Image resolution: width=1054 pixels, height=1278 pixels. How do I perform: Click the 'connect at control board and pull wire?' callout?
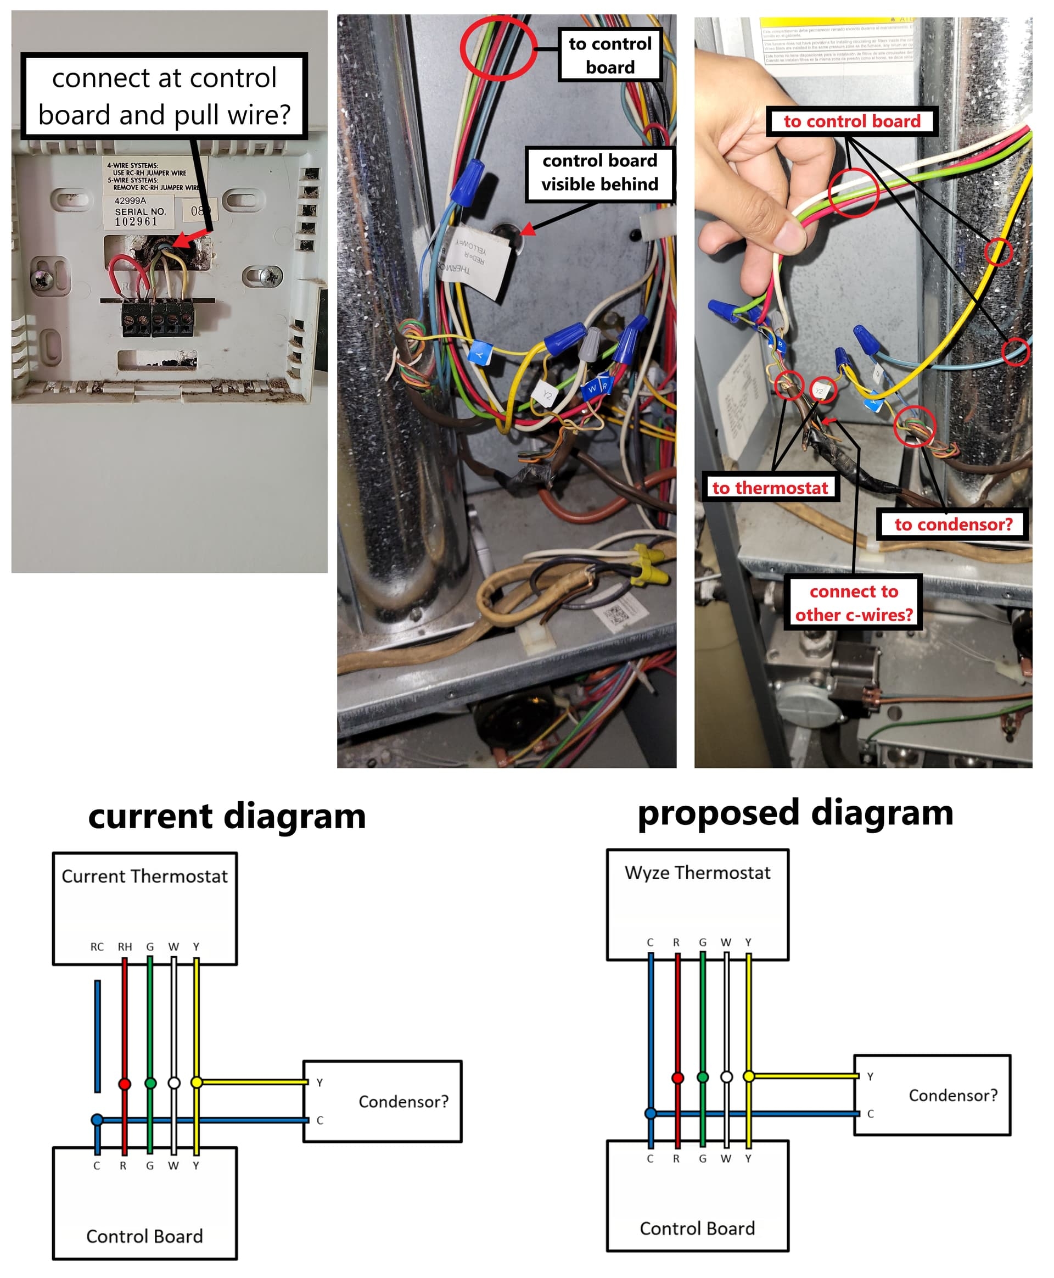pyautogui.click(x=164, y=96)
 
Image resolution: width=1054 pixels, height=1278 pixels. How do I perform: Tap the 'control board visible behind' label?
pyautogui.click(x=599, y=172)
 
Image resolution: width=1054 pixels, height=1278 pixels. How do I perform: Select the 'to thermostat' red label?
pyautogui.click(x=770, y=488)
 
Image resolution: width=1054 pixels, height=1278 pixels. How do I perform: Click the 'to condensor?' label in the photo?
pyautogui.click(x=953, y=524)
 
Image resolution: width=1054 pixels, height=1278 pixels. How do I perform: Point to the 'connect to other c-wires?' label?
pyautogui.click(x=854, y=602)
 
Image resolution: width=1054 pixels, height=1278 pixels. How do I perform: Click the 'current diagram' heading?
pyautogui.click(x=227, y=815)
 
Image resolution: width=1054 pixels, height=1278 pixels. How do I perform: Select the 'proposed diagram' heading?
pyautogui.click(x=795, y=812)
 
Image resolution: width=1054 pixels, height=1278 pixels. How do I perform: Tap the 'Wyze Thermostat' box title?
pyautogui.click(x=698, y=872)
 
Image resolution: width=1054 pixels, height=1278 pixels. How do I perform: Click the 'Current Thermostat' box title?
pyautogui.click(x=144, y=876)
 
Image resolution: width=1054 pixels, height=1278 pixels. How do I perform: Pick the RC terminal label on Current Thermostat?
pyautogui.click(x=97, y=946)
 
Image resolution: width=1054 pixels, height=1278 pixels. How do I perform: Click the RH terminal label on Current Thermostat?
pyautogui.click(x=125, y=946)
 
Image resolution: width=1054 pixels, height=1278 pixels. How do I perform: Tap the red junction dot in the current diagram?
pyautogui.click(x=125, y=1084)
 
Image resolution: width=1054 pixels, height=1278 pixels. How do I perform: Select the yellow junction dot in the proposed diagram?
pyautogui.click(x=749, y=1076)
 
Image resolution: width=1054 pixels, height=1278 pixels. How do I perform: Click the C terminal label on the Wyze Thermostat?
pyautogui.click(x=651, y=942)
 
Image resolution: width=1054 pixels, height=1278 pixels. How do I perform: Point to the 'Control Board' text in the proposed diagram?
pyautogui.click(x=698, y=1227)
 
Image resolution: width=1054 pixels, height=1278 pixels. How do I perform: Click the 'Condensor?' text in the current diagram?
pyautogui.click(x=403, y=1101)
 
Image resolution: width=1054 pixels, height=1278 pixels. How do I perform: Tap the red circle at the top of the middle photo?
pyautogui.click(x=498, y=48)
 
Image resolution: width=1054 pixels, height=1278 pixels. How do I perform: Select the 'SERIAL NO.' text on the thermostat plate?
pyautogui.click(x=140, y=211)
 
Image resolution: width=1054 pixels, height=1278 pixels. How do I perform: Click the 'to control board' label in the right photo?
pyautogui.click(x=852, y=121)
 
